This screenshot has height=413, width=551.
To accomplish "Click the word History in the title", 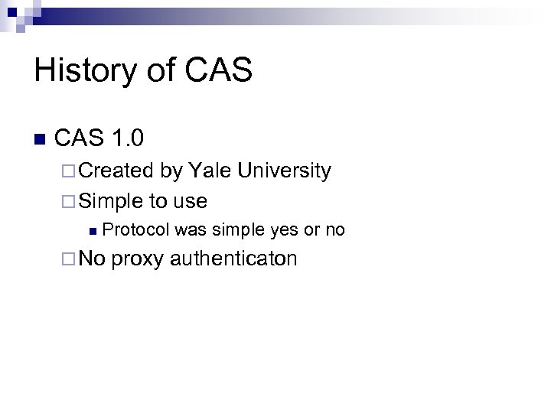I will click(82, 71).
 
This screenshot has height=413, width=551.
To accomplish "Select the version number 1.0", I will click(127, 138).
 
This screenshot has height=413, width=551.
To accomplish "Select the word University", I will click(284, 171).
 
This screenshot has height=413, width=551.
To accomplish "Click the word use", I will click(190, 201).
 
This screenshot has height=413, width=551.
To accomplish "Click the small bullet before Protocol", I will click(93, 230).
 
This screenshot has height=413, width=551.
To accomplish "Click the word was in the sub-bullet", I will click(191, 229).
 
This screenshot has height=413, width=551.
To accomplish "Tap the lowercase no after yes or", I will click(335, 229).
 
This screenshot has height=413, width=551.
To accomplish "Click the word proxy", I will click(138, 259).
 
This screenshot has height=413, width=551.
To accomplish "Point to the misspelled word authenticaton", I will click(233, 259).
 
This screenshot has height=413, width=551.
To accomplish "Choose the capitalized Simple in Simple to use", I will click(111, 201).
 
